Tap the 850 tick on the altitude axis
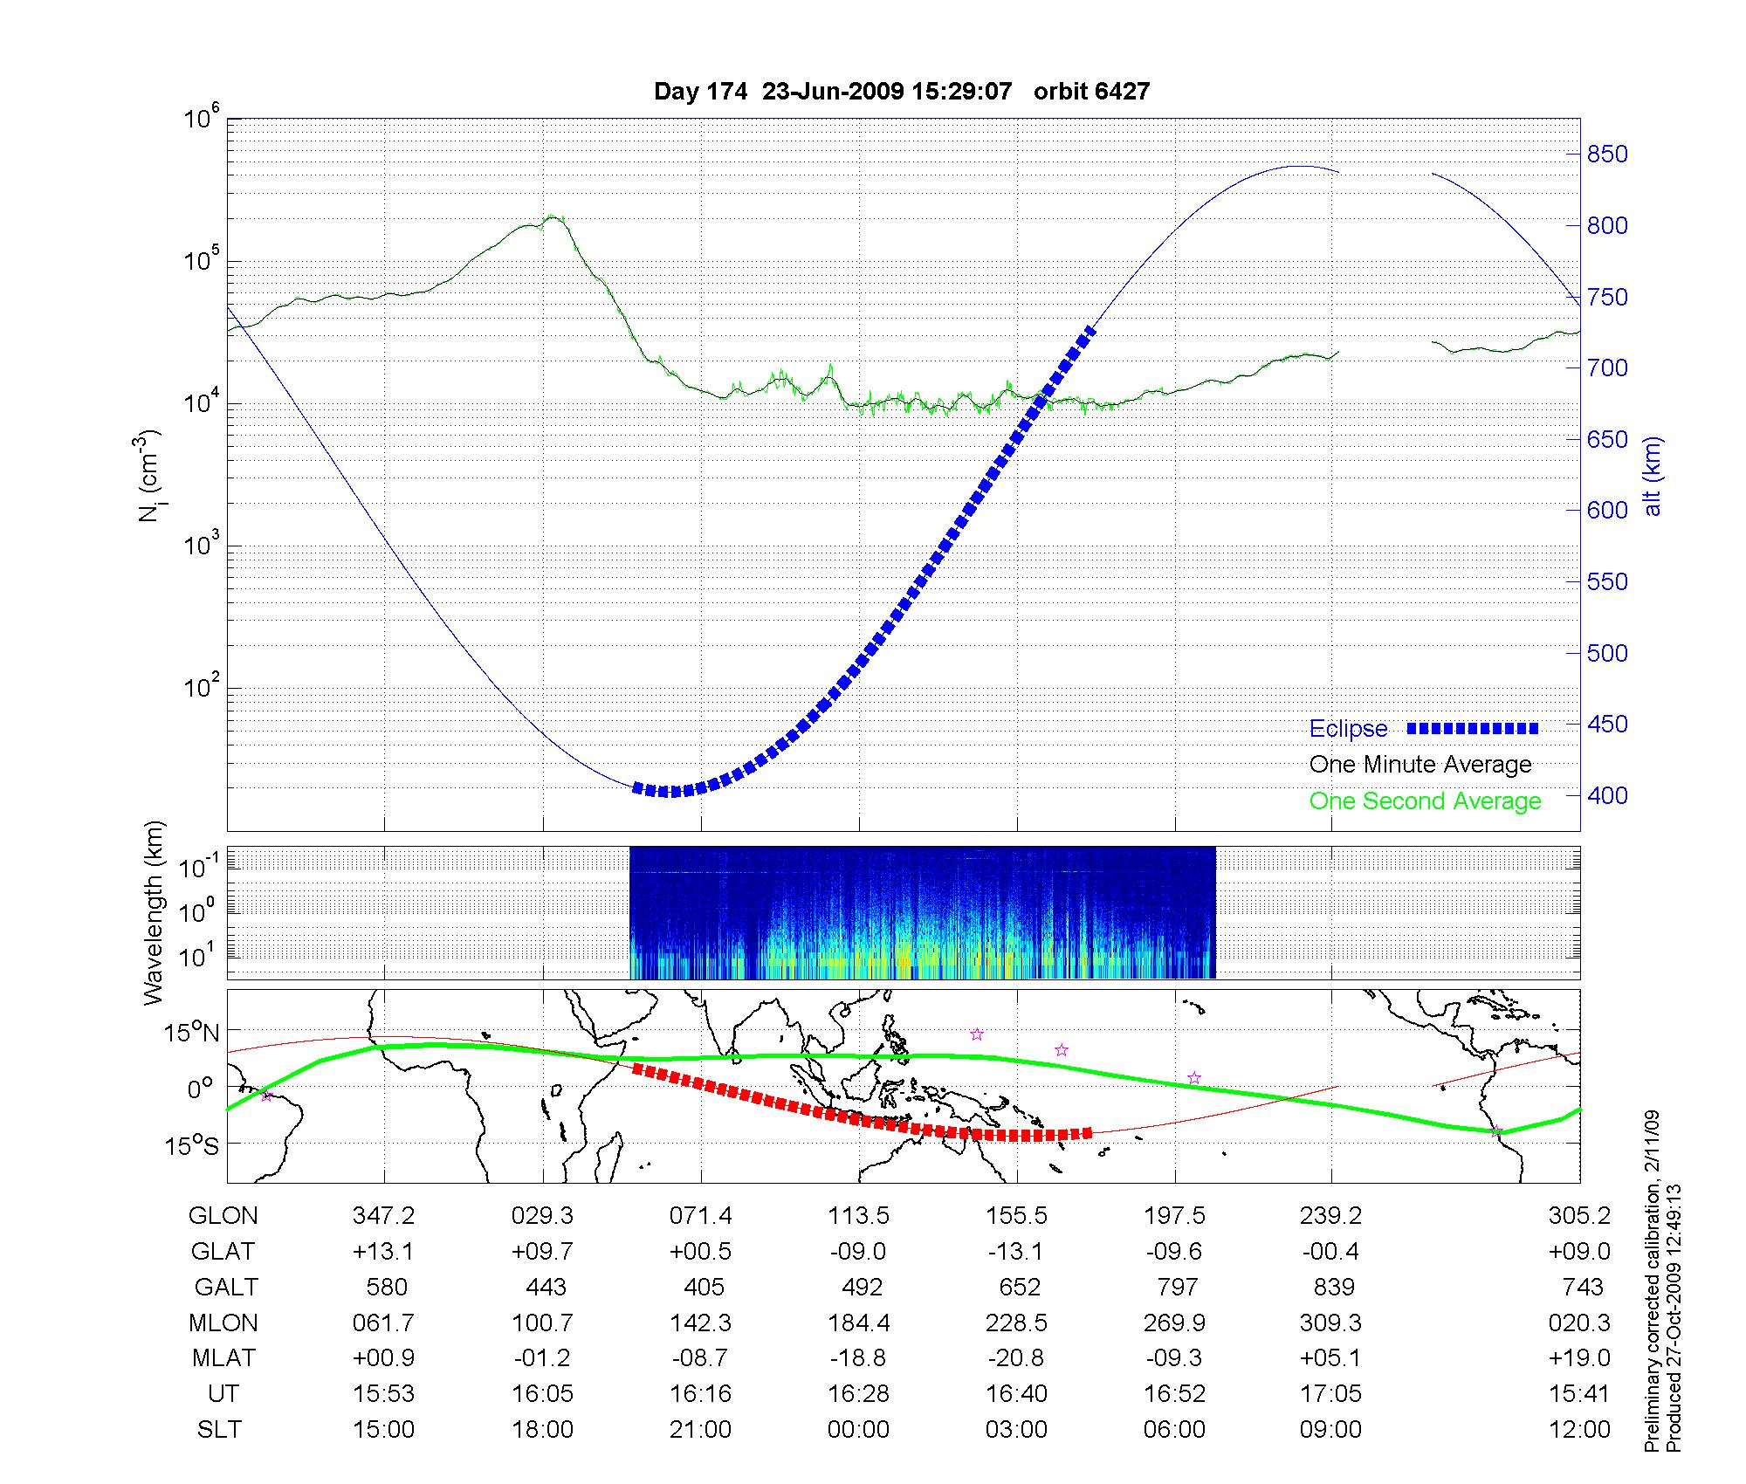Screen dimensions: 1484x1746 [1607, 155]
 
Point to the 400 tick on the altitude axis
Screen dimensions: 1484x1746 [1607, 796]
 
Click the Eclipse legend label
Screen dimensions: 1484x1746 [1348, 729]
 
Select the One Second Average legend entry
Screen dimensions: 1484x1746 [1425, 801]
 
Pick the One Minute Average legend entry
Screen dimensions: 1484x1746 [1420, 765]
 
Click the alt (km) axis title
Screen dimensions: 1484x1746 [1653, 476]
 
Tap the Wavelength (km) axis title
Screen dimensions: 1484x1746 [155, 913]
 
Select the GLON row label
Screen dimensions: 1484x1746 [223, 1216]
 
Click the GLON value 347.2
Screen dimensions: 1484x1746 [383, 1216]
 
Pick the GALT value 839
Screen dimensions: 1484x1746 [1333, 1288]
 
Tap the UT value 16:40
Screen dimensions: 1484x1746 [1016, 1394]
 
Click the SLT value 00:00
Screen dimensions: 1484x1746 [858, 1430]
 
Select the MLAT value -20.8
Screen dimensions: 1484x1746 [1016, 1358]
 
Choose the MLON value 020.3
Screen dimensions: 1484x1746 [1579, 1323]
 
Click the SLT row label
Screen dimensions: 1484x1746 [219, 1430]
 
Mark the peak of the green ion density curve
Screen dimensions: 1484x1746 [551, 216]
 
